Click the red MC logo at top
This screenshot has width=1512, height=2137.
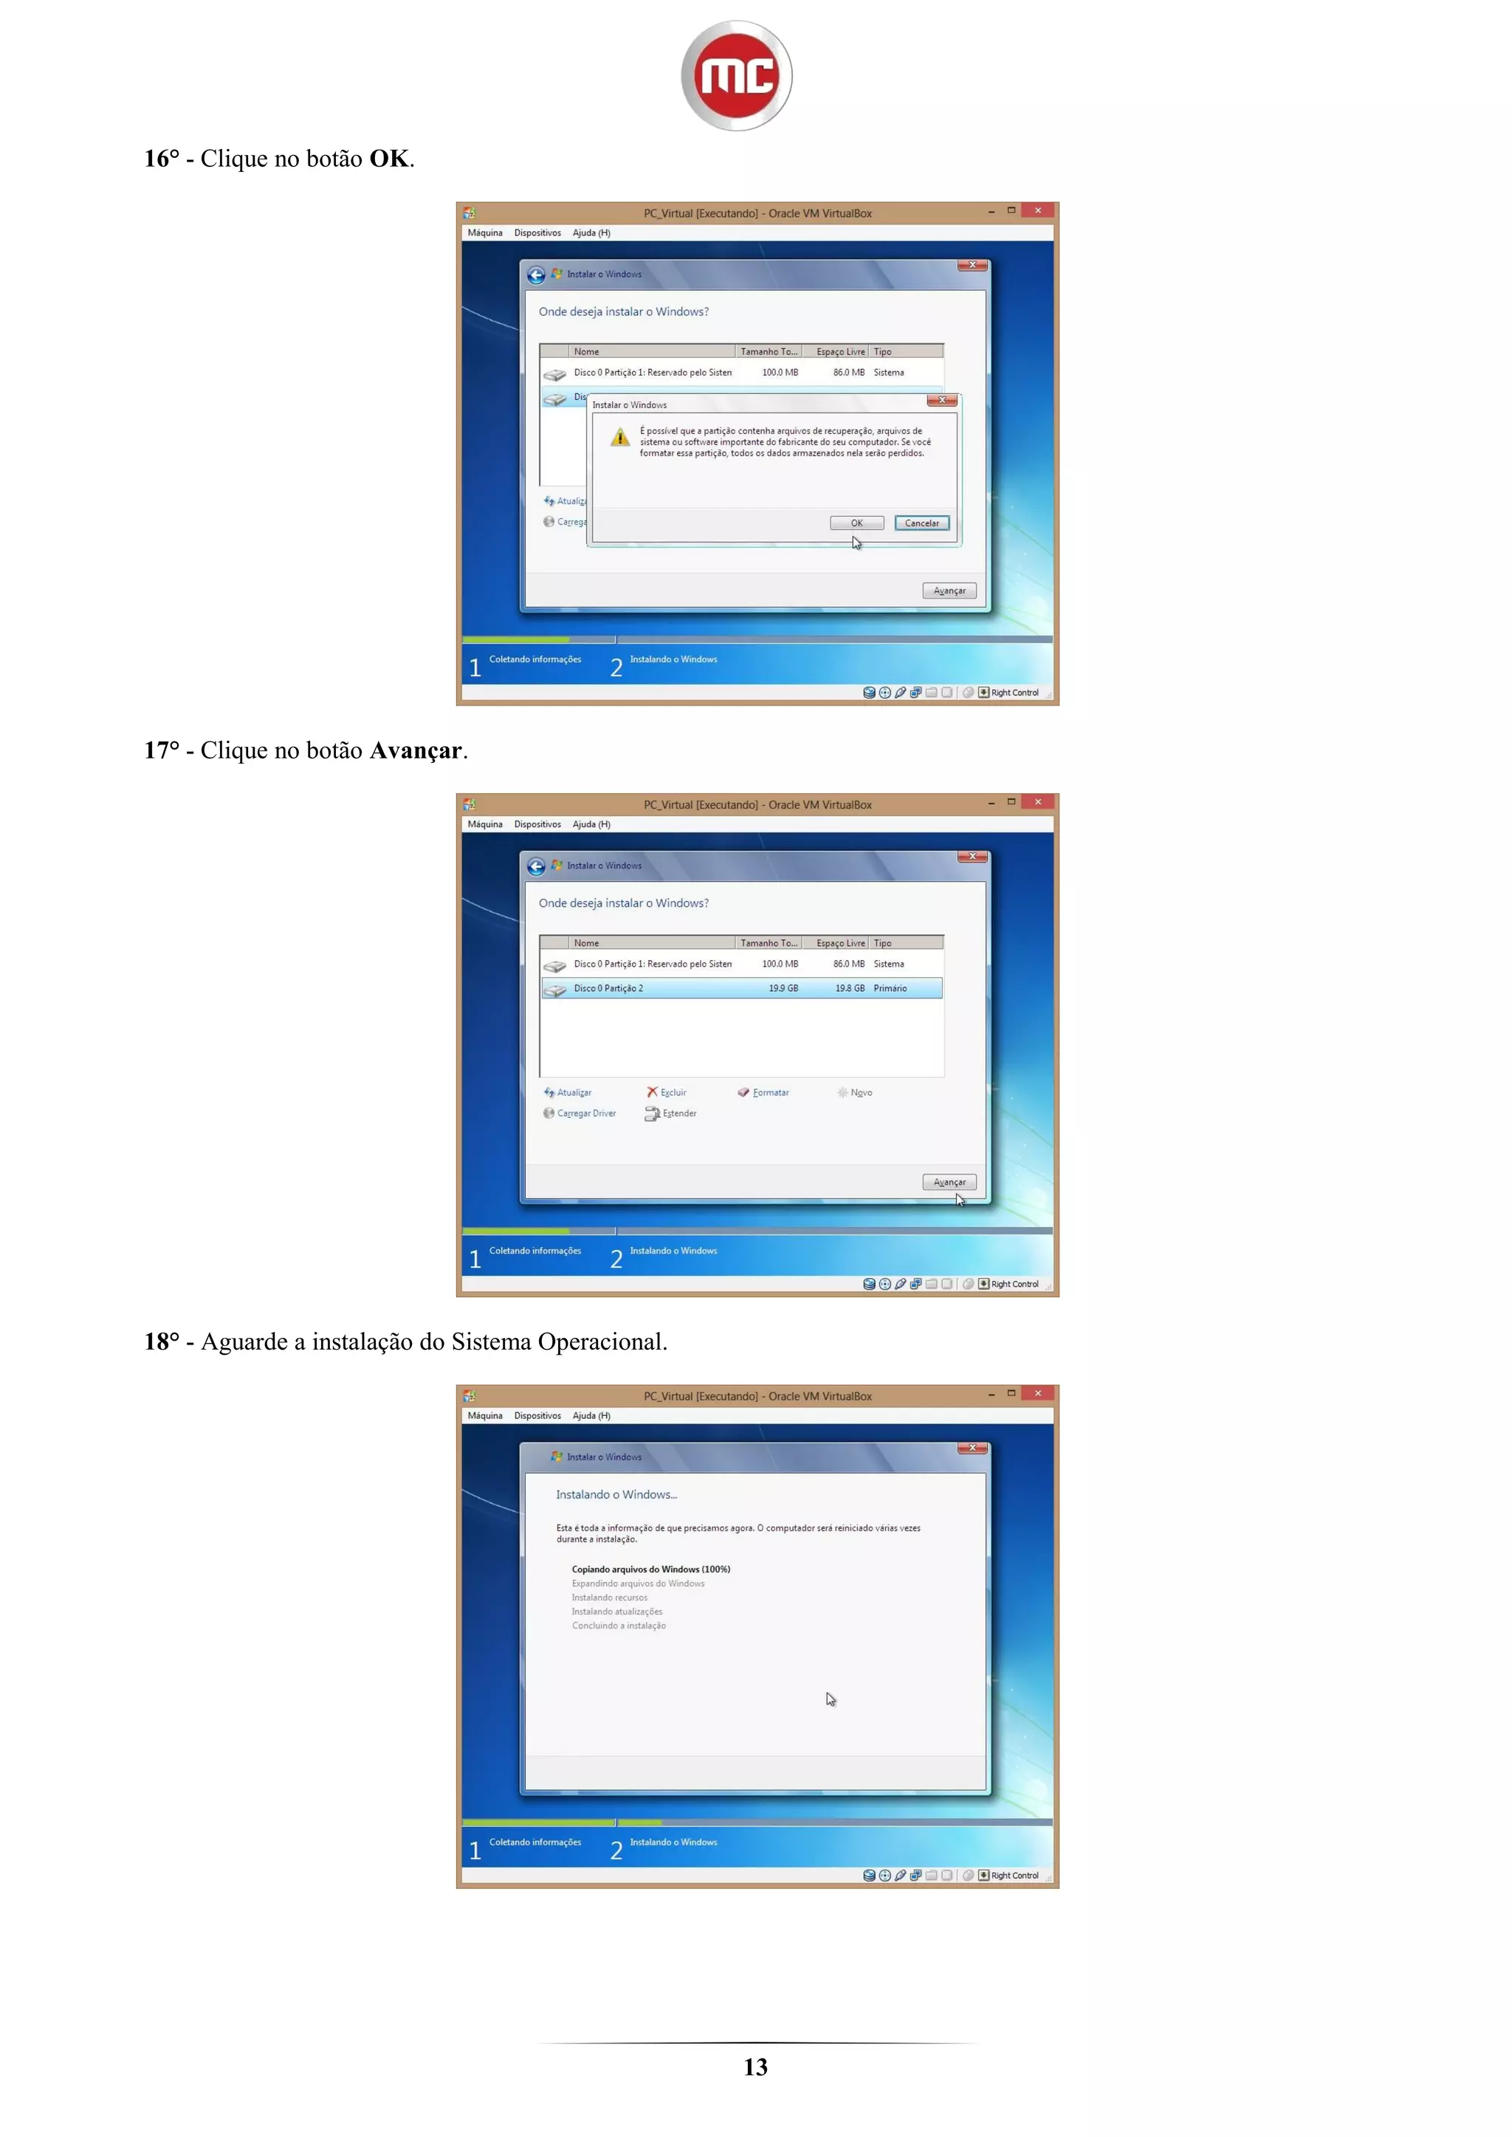coord(737,75)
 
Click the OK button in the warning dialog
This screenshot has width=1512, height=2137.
coord(856,523)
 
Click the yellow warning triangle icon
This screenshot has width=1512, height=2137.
coord(620,438)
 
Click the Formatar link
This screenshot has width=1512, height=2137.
coord(770,1093)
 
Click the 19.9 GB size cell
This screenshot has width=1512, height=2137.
coord(783,989)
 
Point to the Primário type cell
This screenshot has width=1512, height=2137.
coord(890,989)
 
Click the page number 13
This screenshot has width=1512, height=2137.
coord(755,2067)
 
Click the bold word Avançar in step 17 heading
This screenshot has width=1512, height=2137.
coord(415,750)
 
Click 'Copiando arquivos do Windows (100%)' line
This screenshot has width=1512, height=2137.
coord(650,1570)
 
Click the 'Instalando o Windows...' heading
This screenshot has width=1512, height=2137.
coord(616,1495)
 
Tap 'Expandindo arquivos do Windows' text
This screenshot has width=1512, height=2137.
coord(638,1584)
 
